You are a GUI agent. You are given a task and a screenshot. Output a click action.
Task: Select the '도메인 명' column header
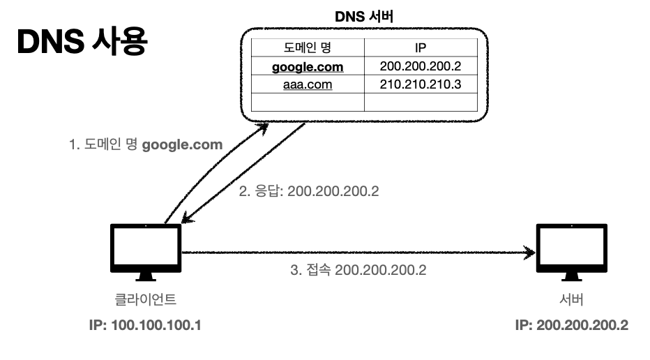pos(308,48)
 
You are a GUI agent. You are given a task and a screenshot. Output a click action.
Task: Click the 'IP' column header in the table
pos(421,48)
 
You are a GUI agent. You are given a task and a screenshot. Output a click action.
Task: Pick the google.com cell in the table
pos(308,66)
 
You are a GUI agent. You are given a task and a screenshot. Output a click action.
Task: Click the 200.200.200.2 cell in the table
pos(421,66)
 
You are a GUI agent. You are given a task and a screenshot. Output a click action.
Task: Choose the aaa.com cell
pos(308,84)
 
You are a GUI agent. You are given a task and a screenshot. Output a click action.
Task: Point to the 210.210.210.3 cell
pos(421,84)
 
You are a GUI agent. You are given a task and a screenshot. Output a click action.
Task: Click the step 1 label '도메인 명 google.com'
pos(145,145)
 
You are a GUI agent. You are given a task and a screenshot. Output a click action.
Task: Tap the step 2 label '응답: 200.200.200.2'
pos(308,190)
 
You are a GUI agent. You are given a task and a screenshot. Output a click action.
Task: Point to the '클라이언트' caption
pos(146,300)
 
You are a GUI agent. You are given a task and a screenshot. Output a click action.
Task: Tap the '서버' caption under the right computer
pos(571,300)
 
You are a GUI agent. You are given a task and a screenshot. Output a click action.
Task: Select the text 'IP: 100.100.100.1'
pos(146,326)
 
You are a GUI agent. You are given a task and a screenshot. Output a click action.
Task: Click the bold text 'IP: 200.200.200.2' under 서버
pos(571,326)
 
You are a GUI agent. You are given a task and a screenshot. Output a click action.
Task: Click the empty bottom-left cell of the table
pos(308,102)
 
